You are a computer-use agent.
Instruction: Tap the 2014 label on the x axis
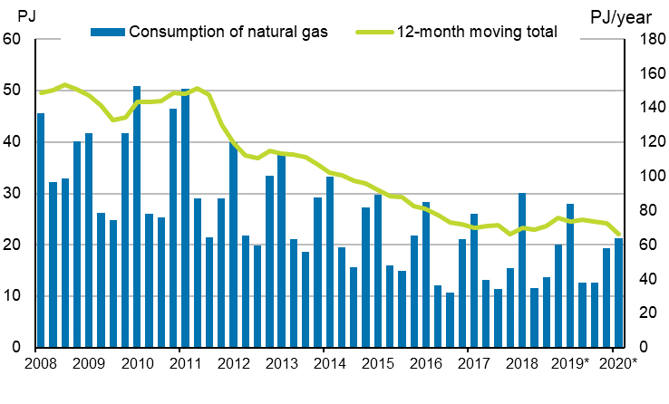point(329,364)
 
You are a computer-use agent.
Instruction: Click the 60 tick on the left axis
point(14,39)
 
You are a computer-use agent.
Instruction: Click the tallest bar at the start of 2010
point(137,217)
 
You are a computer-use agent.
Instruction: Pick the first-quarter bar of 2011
point(185,218)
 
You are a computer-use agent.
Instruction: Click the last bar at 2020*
point(618,293)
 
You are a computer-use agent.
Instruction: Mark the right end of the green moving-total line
point(619,235)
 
